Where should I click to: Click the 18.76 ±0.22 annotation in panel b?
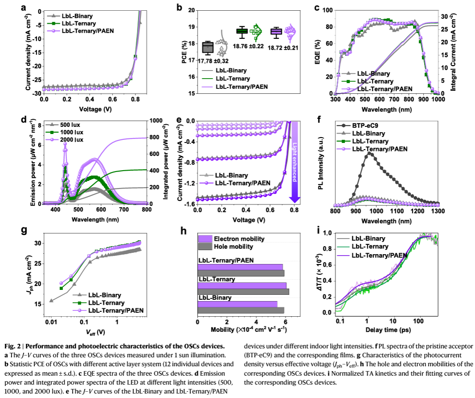pyautogui.click(x=244, y=46)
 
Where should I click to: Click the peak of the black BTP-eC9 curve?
pyautogui.click(x=370, y=153)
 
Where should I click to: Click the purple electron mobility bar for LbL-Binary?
pyautogui.click(x=237, y=304)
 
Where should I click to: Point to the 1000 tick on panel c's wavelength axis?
pyautogui.click(x=438, y=100)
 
